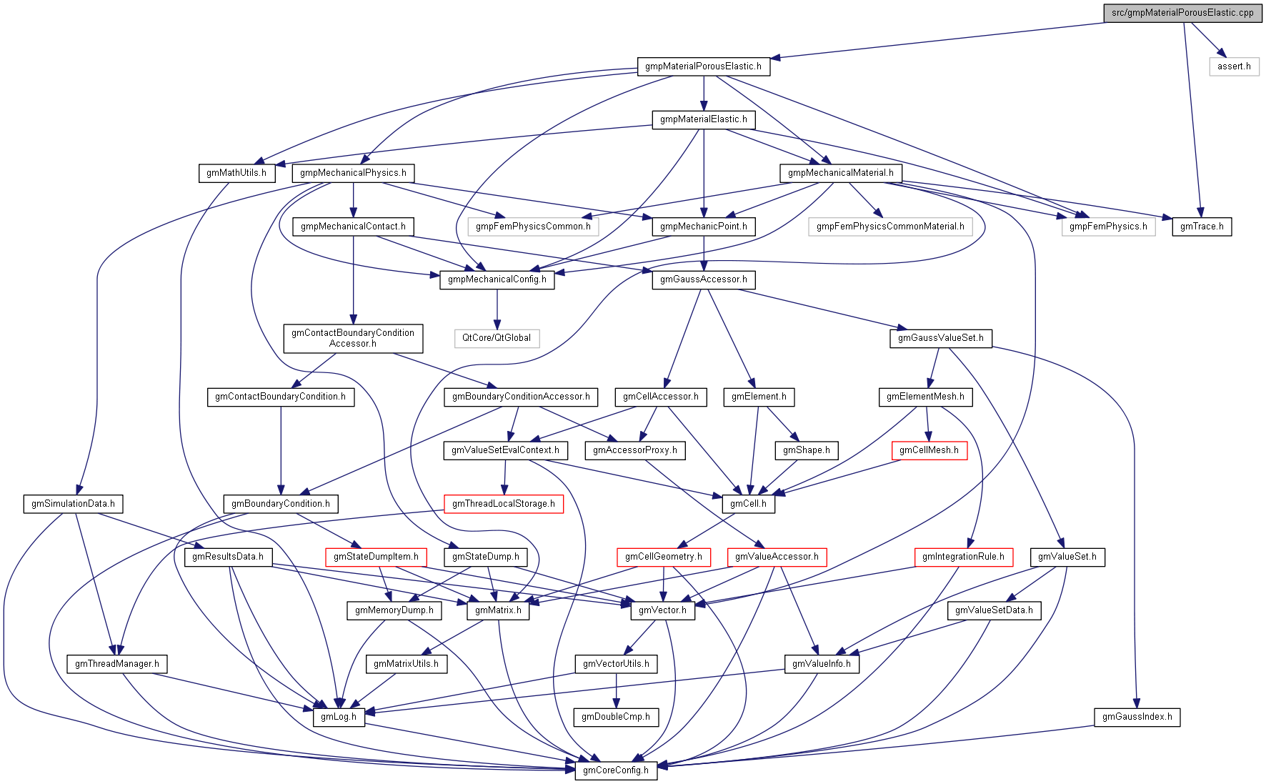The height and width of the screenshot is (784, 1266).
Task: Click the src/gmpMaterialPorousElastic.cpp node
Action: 1182,13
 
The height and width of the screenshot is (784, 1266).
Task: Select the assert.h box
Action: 1234,66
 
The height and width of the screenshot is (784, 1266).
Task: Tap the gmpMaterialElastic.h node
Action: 703,119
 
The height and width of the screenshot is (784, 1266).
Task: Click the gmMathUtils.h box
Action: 236,173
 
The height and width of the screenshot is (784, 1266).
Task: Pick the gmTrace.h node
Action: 1202,227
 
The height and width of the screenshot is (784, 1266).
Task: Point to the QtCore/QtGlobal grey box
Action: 497,338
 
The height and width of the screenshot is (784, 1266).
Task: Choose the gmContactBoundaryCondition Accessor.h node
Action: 353,338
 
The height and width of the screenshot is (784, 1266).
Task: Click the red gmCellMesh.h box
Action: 929,450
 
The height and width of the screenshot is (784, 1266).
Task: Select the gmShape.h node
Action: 806,450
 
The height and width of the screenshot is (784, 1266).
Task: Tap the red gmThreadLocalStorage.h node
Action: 504,504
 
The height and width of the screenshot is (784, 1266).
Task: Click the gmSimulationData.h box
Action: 73,504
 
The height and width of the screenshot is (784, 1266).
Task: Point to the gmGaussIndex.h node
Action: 1137,717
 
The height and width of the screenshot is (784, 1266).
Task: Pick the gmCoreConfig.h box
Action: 616,770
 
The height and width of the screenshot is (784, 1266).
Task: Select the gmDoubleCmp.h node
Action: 616,717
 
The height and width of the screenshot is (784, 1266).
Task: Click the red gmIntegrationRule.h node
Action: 963,557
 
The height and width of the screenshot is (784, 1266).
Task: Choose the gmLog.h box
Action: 339,717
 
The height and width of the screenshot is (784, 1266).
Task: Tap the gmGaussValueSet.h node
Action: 940,338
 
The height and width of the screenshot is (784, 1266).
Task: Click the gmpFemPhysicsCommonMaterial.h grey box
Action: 890,227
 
